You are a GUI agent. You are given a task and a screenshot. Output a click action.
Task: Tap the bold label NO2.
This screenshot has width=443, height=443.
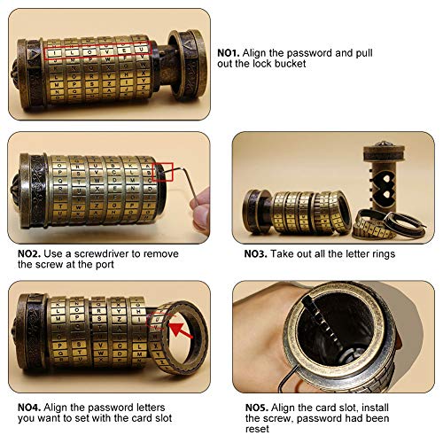pyautogui.click(x=31, y=253)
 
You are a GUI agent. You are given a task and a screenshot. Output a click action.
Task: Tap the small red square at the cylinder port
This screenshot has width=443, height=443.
pyautogui.click(x=163, y=172)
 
